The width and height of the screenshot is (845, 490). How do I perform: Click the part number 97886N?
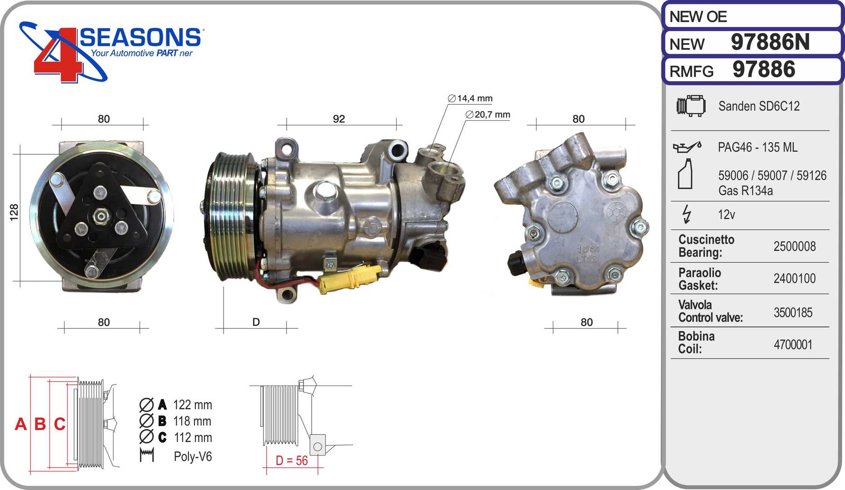click(770, 42)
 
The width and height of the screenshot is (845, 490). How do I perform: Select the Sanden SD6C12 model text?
click(759, 106)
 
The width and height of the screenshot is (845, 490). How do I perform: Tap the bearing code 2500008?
click(795, 246)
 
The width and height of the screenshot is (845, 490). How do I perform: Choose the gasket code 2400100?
click(795, 278)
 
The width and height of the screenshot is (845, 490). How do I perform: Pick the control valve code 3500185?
click(793, 312)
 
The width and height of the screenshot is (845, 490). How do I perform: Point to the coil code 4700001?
click(793, 344)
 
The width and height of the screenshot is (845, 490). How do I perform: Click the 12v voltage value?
click(726, 214)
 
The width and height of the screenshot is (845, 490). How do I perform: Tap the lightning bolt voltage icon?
click(686, 214)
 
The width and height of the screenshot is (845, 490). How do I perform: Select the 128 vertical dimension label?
click(14, 212)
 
